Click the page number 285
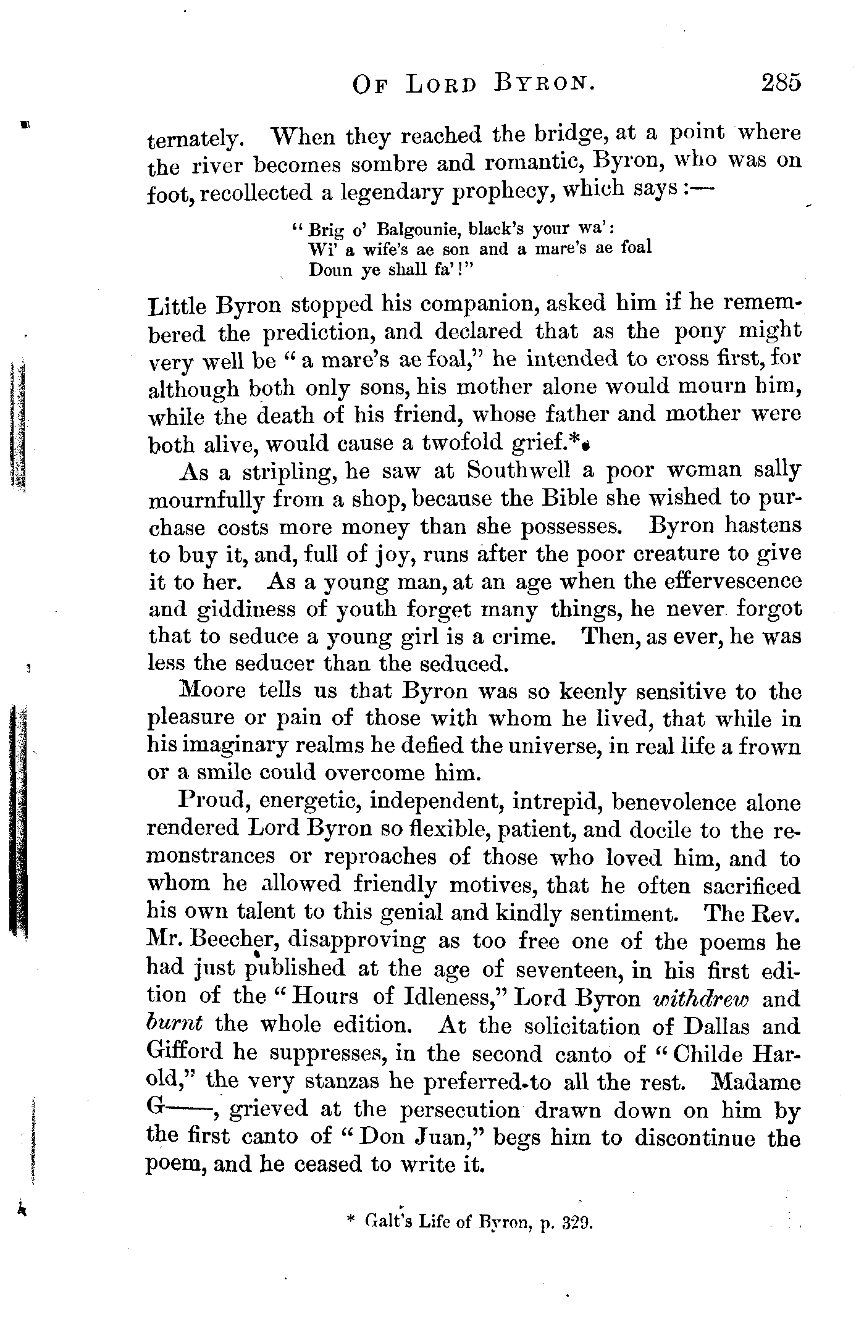click(781, 82)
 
